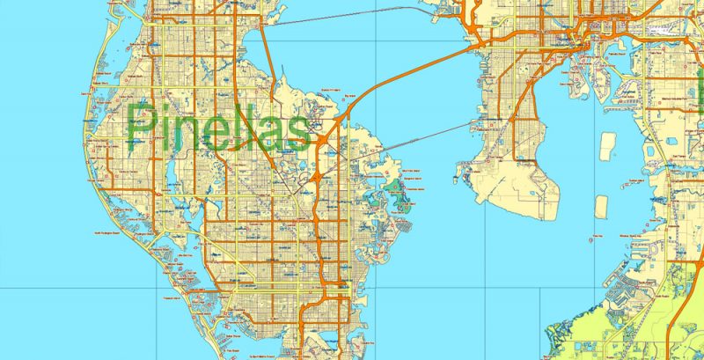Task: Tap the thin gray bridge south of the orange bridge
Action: pyautogui.click(x=414, y=141)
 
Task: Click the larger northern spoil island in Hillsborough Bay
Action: pyautogui.click(x=605, y=146)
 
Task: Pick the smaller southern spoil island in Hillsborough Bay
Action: pyautogui.click(x=602, y=206)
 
